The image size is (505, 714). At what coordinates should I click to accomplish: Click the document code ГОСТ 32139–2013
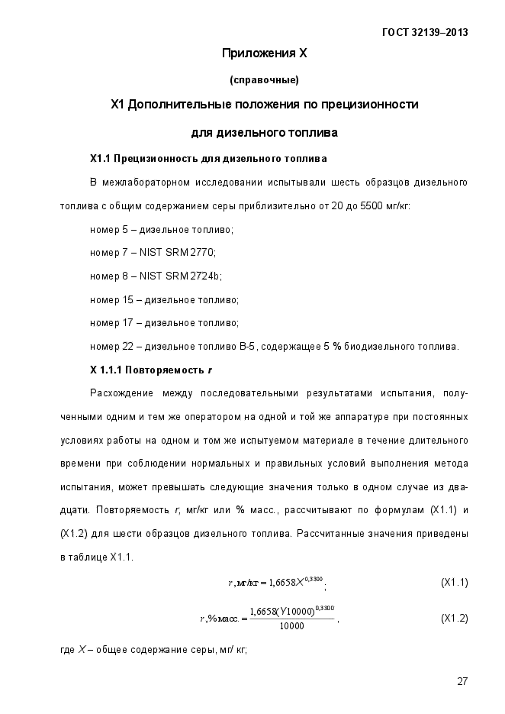[424, 33]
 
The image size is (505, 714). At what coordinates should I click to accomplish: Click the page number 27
[462, 682]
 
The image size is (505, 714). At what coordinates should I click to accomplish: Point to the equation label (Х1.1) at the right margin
[455, 583]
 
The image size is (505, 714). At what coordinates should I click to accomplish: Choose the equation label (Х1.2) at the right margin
[455, 618]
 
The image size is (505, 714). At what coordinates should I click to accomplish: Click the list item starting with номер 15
[164, 300]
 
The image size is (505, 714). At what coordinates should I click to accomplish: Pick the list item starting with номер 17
[164, 323]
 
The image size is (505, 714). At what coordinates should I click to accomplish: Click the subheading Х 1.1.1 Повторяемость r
[151, 370]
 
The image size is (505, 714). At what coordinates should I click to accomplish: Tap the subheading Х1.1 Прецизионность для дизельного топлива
[208, 159]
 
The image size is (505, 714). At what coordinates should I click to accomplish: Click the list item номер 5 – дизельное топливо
[162, 230]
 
